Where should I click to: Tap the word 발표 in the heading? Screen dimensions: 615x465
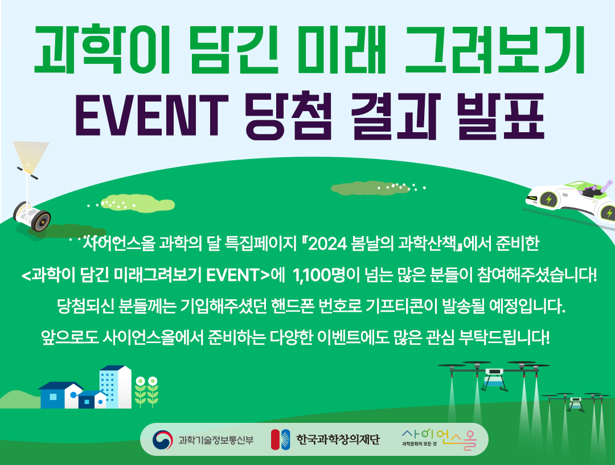pyautogui.click(x=501, y=115)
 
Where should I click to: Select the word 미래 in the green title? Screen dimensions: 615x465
pyautogui.click(x=342, y=50)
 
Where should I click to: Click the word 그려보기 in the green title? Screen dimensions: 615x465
pyautogui.click(x=495, y=50)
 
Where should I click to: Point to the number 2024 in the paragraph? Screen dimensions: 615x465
pyautogui.click(x=328, y=244)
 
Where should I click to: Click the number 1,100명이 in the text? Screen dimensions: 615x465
pyautogui.click(x=326, y=275)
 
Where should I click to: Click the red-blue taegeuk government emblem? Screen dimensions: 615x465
pyautogui.click(x=162, y=439)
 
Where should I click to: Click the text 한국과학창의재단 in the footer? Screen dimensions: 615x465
pyautogui.click(x=338, y=439)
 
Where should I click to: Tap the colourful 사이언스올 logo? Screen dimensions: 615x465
pyautogui.click(x=439, y=439)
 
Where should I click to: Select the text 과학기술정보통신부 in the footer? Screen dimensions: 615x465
pyautogui.click(x=216, y=440)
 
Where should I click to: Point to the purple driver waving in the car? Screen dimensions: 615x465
pyautogui.click(x=597, y=189)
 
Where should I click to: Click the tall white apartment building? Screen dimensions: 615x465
pyautogui.click(x=115, y=387)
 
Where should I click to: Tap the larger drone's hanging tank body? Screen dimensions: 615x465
pyautogui.click(x=493, y=377)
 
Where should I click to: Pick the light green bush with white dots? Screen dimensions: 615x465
pyautogui.click(x=137, y=203)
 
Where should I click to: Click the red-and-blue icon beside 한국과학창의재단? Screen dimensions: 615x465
pyautogui.click(x=280, y=439)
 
